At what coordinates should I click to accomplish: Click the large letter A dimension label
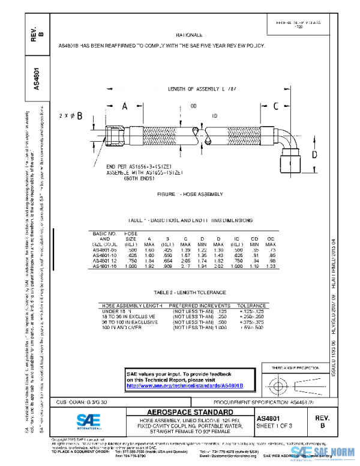pos(125,106)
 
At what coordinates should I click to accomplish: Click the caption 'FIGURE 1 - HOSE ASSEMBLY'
pos(190,194)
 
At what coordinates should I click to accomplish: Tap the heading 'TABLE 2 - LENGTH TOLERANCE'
pos(190,292)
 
